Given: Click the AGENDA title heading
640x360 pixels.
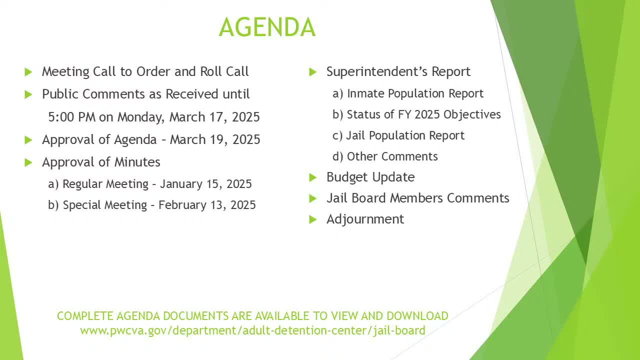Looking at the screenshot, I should tap(267, 27).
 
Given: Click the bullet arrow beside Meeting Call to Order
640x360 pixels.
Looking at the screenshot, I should tap(28, 72).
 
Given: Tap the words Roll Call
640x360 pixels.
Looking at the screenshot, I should tap(224, 71).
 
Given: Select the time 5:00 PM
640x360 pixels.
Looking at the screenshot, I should tap(71, 117).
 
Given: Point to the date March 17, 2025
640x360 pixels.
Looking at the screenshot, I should tap(214, 117).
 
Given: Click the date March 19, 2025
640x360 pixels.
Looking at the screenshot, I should tap(215, 139).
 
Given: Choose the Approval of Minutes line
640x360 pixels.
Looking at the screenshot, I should tap(101, 162).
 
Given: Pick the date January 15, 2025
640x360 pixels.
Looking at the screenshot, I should tap(205, 184).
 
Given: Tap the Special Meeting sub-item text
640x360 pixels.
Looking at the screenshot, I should tap(105, 205).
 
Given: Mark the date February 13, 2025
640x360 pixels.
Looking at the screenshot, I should tap(207, 205).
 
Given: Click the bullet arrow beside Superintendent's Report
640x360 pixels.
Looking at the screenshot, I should tap(313, 72).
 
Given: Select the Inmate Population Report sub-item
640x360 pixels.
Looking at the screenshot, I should tap(415, 93).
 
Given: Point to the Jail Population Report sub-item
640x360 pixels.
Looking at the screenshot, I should tap(405, 135).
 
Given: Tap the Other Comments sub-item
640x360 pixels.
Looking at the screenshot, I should tap(392, 156).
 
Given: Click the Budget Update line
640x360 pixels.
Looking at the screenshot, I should tap(370, 177).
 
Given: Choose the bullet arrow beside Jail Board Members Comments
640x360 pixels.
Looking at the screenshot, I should tap(313, 198).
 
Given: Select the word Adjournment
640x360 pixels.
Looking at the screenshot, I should tap(365, 219).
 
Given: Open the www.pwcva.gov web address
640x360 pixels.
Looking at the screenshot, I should tap(252, 330).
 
